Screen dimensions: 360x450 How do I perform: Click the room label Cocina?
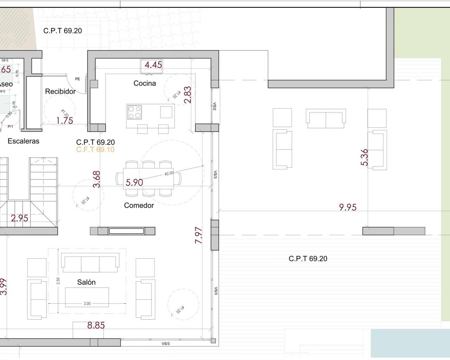[x=144, y=83]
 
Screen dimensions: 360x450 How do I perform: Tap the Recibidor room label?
[x=60, y=91]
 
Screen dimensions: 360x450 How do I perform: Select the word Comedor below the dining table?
[x=139, y=205]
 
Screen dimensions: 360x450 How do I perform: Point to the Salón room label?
[x=86, y=282]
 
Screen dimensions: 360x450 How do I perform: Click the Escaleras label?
[x=24, y=141]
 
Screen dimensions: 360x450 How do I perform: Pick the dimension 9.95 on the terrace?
[x=348, y=207]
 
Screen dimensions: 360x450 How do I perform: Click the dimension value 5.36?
[x=364, y=157]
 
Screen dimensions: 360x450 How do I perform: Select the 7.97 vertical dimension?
[x=199, y=235]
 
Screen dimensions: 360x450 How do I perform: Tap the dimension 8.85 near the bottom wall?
[x=96, y=325]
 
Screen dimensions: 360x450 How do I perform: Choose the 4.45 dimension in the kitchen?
[x=153, y=65]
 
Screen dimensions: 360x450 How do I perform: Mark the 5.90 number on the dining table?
[x=134, y=182]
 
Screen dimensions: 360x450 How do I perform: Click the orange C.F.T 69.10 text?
[x=95, y=149]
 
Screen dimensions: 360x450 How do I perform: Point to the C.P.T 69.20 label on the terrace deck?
[x=308, y=259]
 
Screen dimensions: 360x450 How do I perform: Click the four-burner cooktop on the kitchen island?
[x=134, y=112]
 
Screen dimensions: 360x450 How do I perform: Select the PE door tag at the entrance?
[x=78, y=79]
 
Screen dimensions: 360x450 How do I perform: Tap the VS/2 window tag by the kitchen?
[x=215, y=107]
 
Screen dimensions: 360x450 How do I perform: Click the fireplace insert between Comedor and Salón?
[x=126, y=231]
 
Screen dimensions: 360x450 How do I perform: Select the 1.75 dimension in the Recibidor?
[x=65, y=121]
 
